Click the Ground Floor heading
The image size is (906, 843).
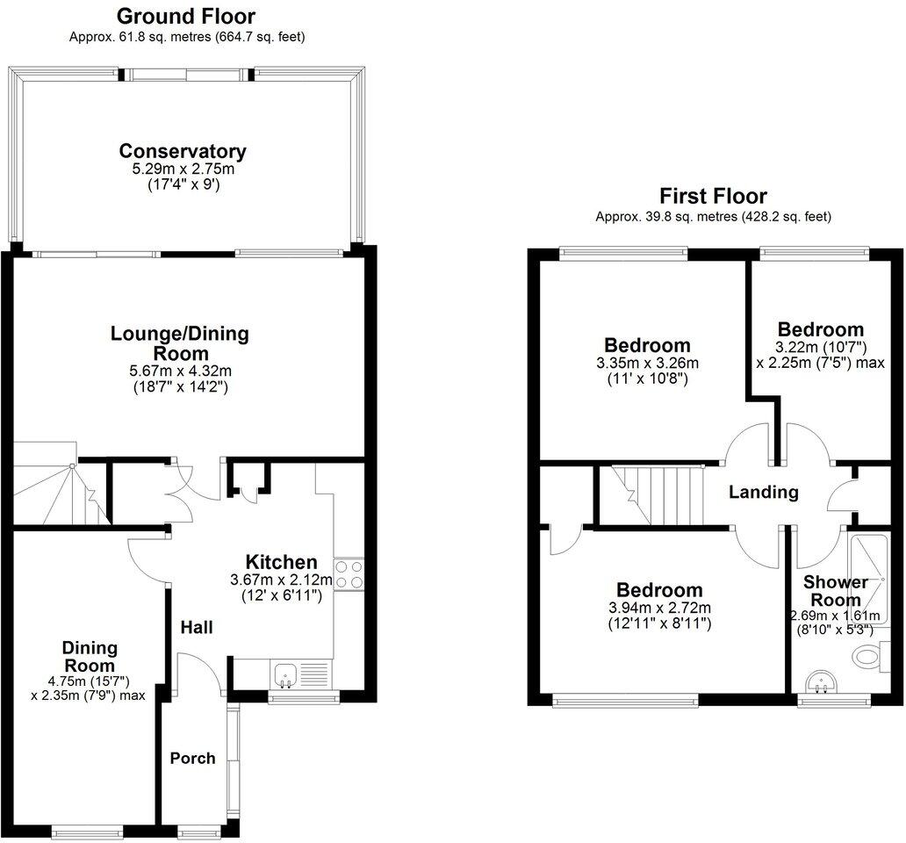[x=185, y=16]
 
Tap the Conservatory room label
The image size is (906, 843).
[x=183, y=151]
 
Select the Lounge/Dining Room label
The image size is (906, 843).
[x=179, y=343]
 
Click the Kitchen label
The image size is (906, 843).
[x=280, y=562]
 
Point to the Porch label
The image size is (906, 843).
[x=192, y=758]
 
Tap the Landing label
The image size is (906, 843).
[x=764, y=493]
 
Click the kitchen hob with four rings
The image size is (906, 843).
[x=349, y=574]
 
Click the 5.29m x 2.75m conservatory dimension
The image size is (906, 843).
[x=183, y=169]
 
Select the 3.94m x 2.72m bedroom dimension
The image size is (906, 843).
[x=658, y=608]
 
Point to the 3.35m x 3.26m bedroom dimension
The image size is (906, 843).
[x=647, y=363]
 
